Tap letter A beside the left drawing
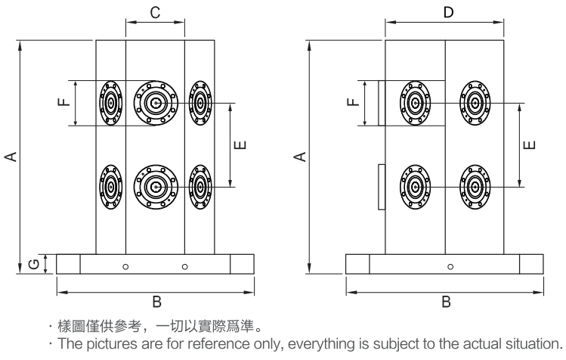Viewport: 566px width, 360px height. pyautogui.click(x=11, y=156)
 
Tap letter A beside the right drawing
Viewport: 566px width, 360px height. pyautogui.click(x=300, y=156)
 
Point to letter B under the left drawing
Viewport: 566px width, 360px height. pyautogui.click(x=156, y=302)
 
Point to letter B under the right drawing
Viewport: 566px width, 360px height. pyautogui.click(x=445, y=302)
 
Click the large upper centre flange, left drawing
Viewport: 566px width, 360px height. pyautogui.click(x=156, y=103)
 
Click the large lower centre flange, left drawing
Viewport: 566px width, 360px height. pyautogui.click(x=156, y=185)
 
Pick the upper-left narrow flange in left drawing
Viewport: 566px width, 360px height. pyautogui.click(x=111, y=103)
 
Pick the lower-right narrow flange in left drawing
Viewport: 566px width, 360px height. pyautogui.click(x=199, y=185)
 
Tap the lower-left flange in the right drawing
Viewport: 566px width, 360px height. pyautogui.click(x=414, y=185)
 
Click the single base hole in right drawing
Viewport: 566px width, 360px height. pyautogui.click(x=450, y=266)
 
